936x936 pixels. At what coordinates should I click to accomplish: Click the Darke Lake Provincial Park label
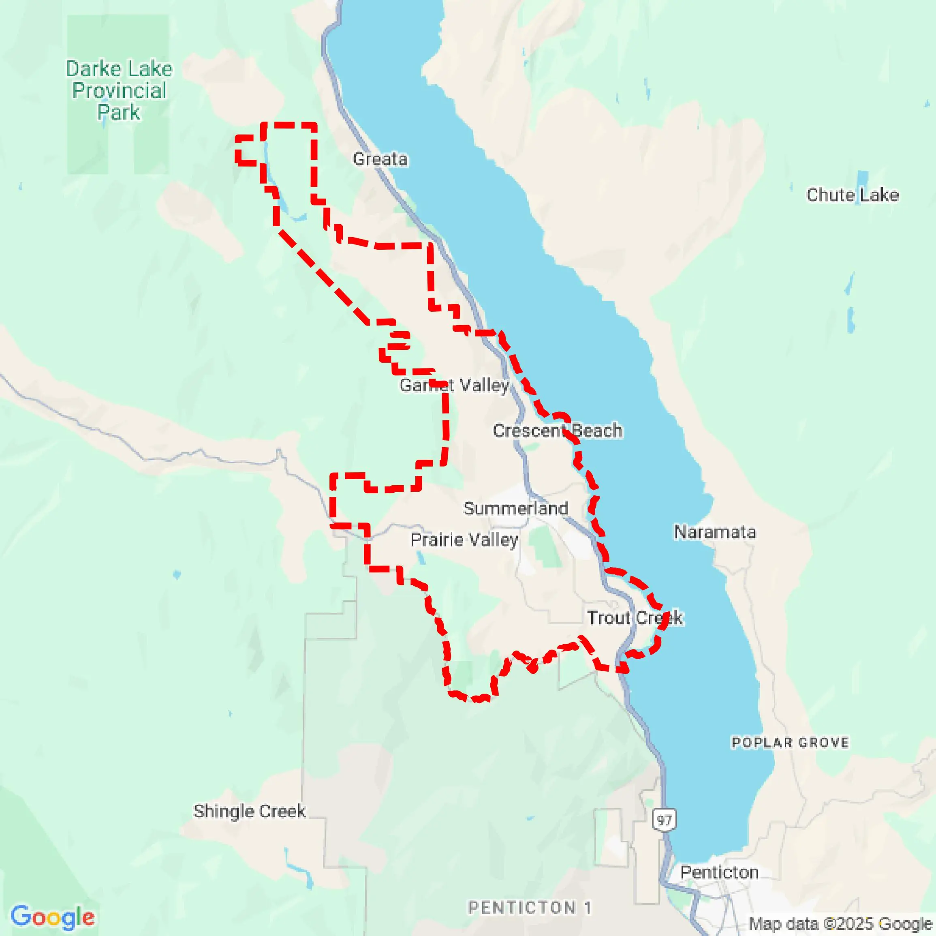(119, 91)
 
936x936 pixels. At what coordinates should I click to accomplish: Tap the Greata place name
(380, 159)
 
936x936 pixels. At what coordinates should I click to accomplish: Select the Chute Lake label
(852, 195)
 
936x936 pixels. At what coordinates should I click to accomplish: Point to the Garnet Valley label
(454, 386)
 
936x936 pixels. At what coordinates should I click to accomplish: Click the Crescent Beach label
(558, 431)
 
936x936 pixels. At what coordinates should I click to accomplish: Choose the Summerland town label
(515, 508)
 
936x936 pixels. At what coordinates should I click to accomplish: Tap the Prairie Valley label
(464, 540)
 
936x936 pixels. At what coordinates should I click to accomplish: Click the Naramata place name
(715, 532)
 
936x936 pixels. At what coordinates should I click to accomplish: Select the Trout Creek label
(635, 618)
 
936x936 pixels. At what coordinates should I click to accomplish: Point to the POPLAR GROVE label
(790, 743)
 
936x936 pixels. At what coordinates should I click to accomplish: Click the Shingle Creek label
(249, 811)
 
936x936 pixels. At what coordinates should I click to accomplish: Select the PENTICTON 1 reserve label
(530, 907)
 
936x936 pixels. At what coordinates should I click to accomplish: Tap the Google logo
(52, 917)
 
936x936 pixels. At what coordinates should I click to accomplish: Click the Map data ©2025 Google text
(840, 924)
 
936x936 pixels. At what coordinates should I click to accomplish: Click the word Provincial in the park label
(119, 91)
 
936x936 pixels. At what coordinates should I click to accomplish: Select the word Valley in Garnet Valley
(484, 386)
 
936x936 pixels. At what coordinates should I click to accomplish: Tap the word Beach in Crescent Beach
(597, 431)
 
